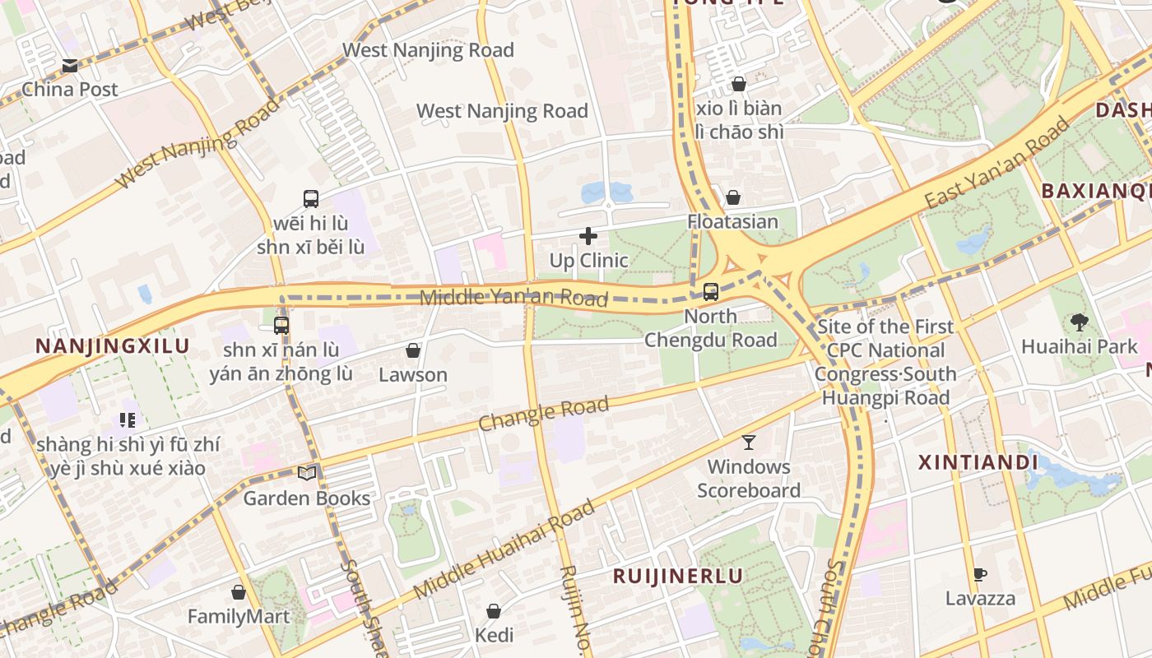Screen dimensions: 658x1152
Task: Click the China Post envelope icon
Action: point(70,66)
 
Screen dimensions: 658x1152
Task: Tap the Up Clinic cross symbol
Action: point(588,237)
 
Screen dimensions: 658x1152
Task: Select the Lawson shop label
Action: point(413,375)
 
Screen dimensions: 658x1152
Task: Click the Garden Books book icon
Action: point(307,473)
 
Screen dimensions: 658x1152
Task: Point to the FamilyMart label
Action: point(239,616)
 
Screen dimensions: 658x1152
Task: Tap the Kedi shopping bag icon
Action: point(494,611)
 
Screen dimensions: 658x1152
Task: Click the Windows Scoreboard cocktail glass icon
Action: point(748,443)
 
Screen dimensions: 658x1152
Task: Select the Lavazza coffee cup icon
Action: point(979,574)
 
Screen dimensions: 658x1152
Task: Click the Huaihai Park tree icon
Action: point(1079,322)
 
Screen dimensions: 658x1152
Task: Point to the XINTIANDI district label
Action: point(978,462)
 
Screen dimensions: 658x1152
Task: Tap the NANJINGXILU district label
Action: point(112,346)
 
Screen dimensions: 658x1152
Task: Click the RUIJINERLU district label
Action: point(677,576)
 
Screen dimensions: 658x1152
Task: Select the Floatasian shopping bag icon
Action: point(732,197)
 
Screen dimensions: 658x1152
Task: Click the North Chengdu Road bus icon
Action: point(711,292)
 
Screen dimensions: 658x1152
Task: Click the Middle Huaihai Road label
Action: point(504,549)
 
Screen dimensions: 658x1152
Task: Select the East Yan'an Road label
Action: point(997,164)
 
